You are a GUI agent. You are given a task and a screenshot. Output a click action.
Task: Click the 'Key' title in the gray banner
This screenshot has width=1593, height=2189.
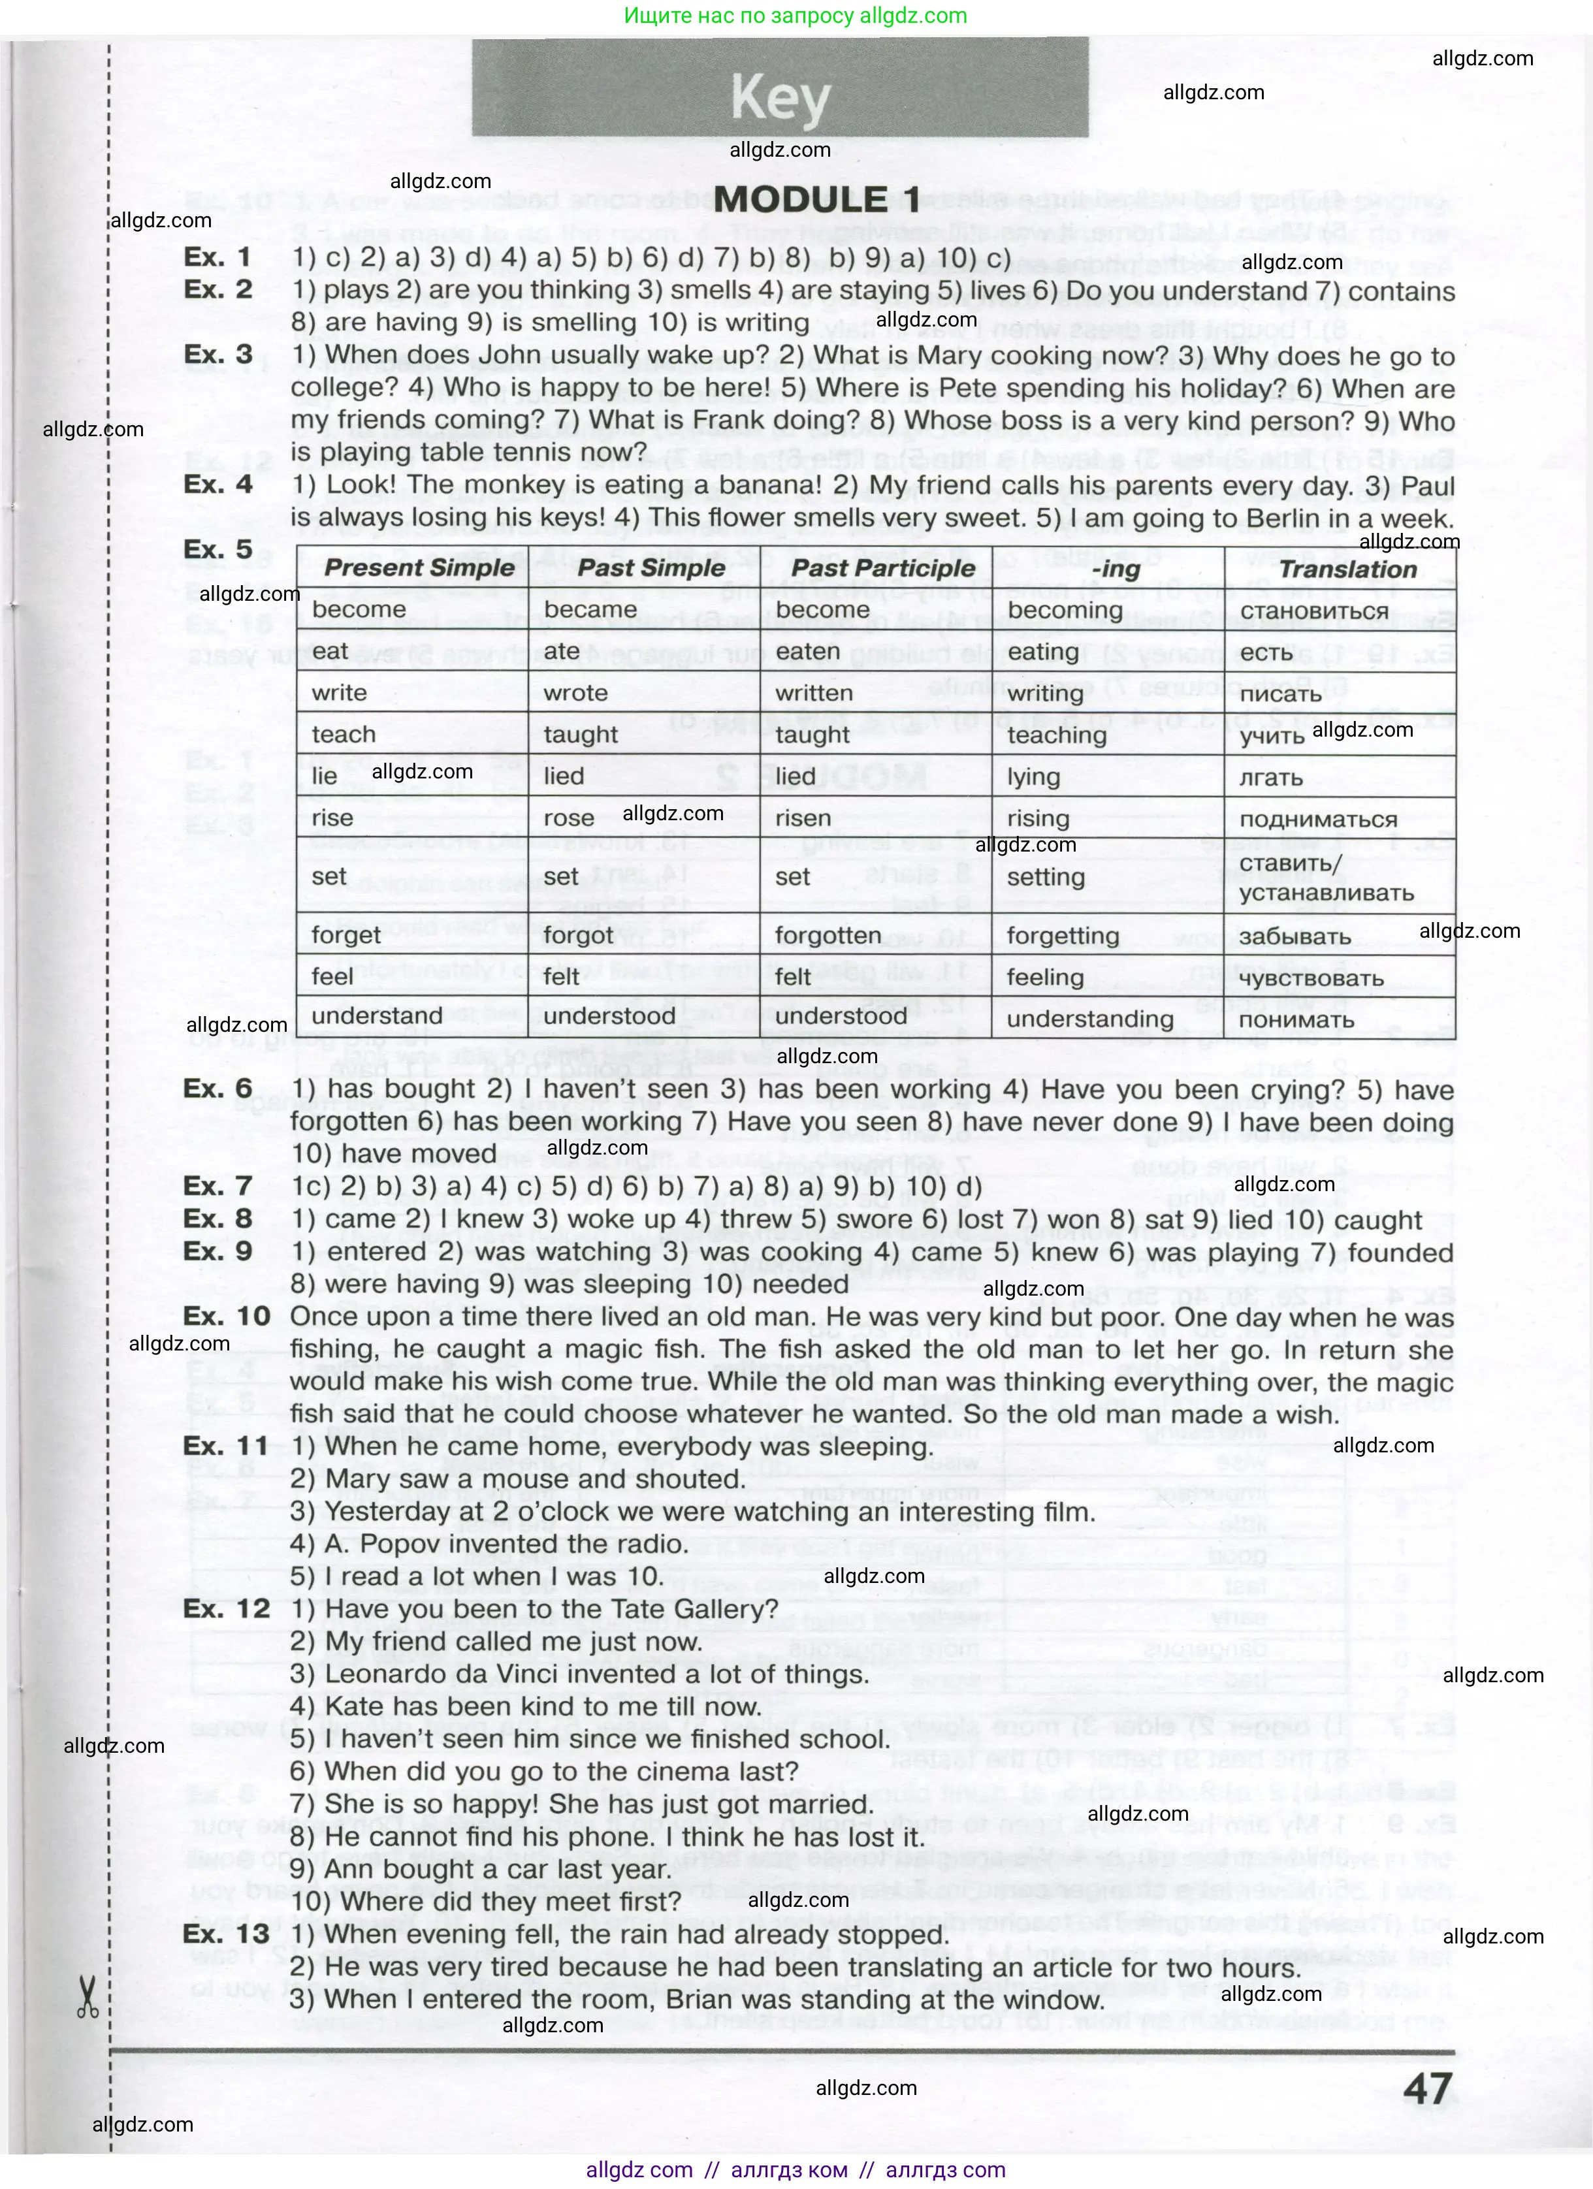click(780, 97)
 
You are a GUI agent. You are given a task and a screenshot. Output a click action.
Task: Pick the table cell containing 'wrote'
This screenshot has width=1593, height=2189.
click(575, 693)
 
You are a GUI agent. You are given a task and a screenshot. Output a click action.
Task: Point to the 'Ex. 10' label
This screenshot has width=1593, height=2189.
click(227, 1317)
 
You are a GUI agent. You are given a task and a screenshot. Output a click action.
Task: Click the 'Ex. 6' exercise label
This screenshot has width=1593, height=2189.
click(218, 1088)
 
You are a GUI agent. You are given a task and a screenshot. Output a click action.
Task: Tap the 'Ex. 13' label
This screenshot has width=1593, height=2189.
click(227, 1934)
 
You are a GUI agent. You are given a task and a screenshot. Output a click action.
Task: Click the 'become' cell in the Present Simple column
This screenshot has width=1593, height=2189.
click(358, 610)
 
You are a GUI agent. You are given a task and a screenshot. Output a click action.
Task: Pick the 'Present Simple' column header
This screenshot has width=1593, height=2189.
click(419, 567)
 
